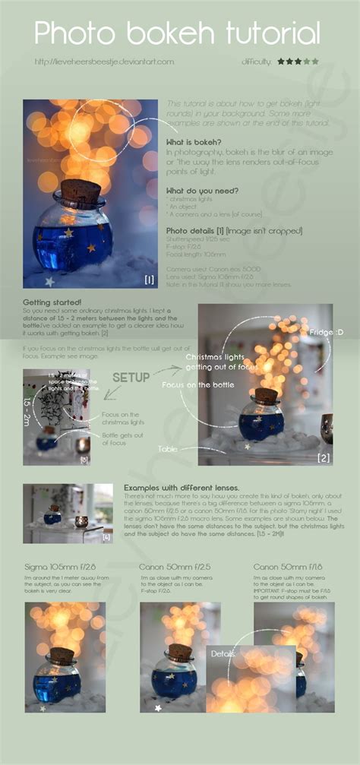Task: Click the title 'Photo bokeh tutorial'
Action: pyautogui.click(x=177, y=33)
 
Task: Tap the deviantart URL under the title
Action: pyautogui.click(x=104, y=61)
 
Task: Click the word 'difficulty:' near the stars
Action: pyautogui.click(x=256, y=61)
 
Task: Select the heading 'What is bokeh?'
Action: pyautogui.click(x=194, y=142)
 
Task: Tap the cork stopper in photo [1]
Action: pyautogui.click(x=81, y=191)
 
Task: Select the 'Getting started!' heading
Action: pyautogui.click(x=54, y=302)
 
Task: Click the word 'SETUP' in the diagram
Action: pyautogui.click(x=131, y=378)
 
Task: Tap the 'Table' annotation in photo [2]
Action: pyautogui.click(x=168, y=449)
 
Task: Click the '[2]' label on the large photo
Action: pyautogui.click(x=324, y=457)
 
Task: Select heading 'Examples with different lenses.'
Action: pyautogui.click(x=182, y=486)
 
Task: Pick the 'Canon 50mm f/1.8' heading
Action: pyautogui.click(x=288, y=567)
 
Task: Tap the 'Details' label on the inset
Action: pyautogui.click(x=223, y=653)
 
